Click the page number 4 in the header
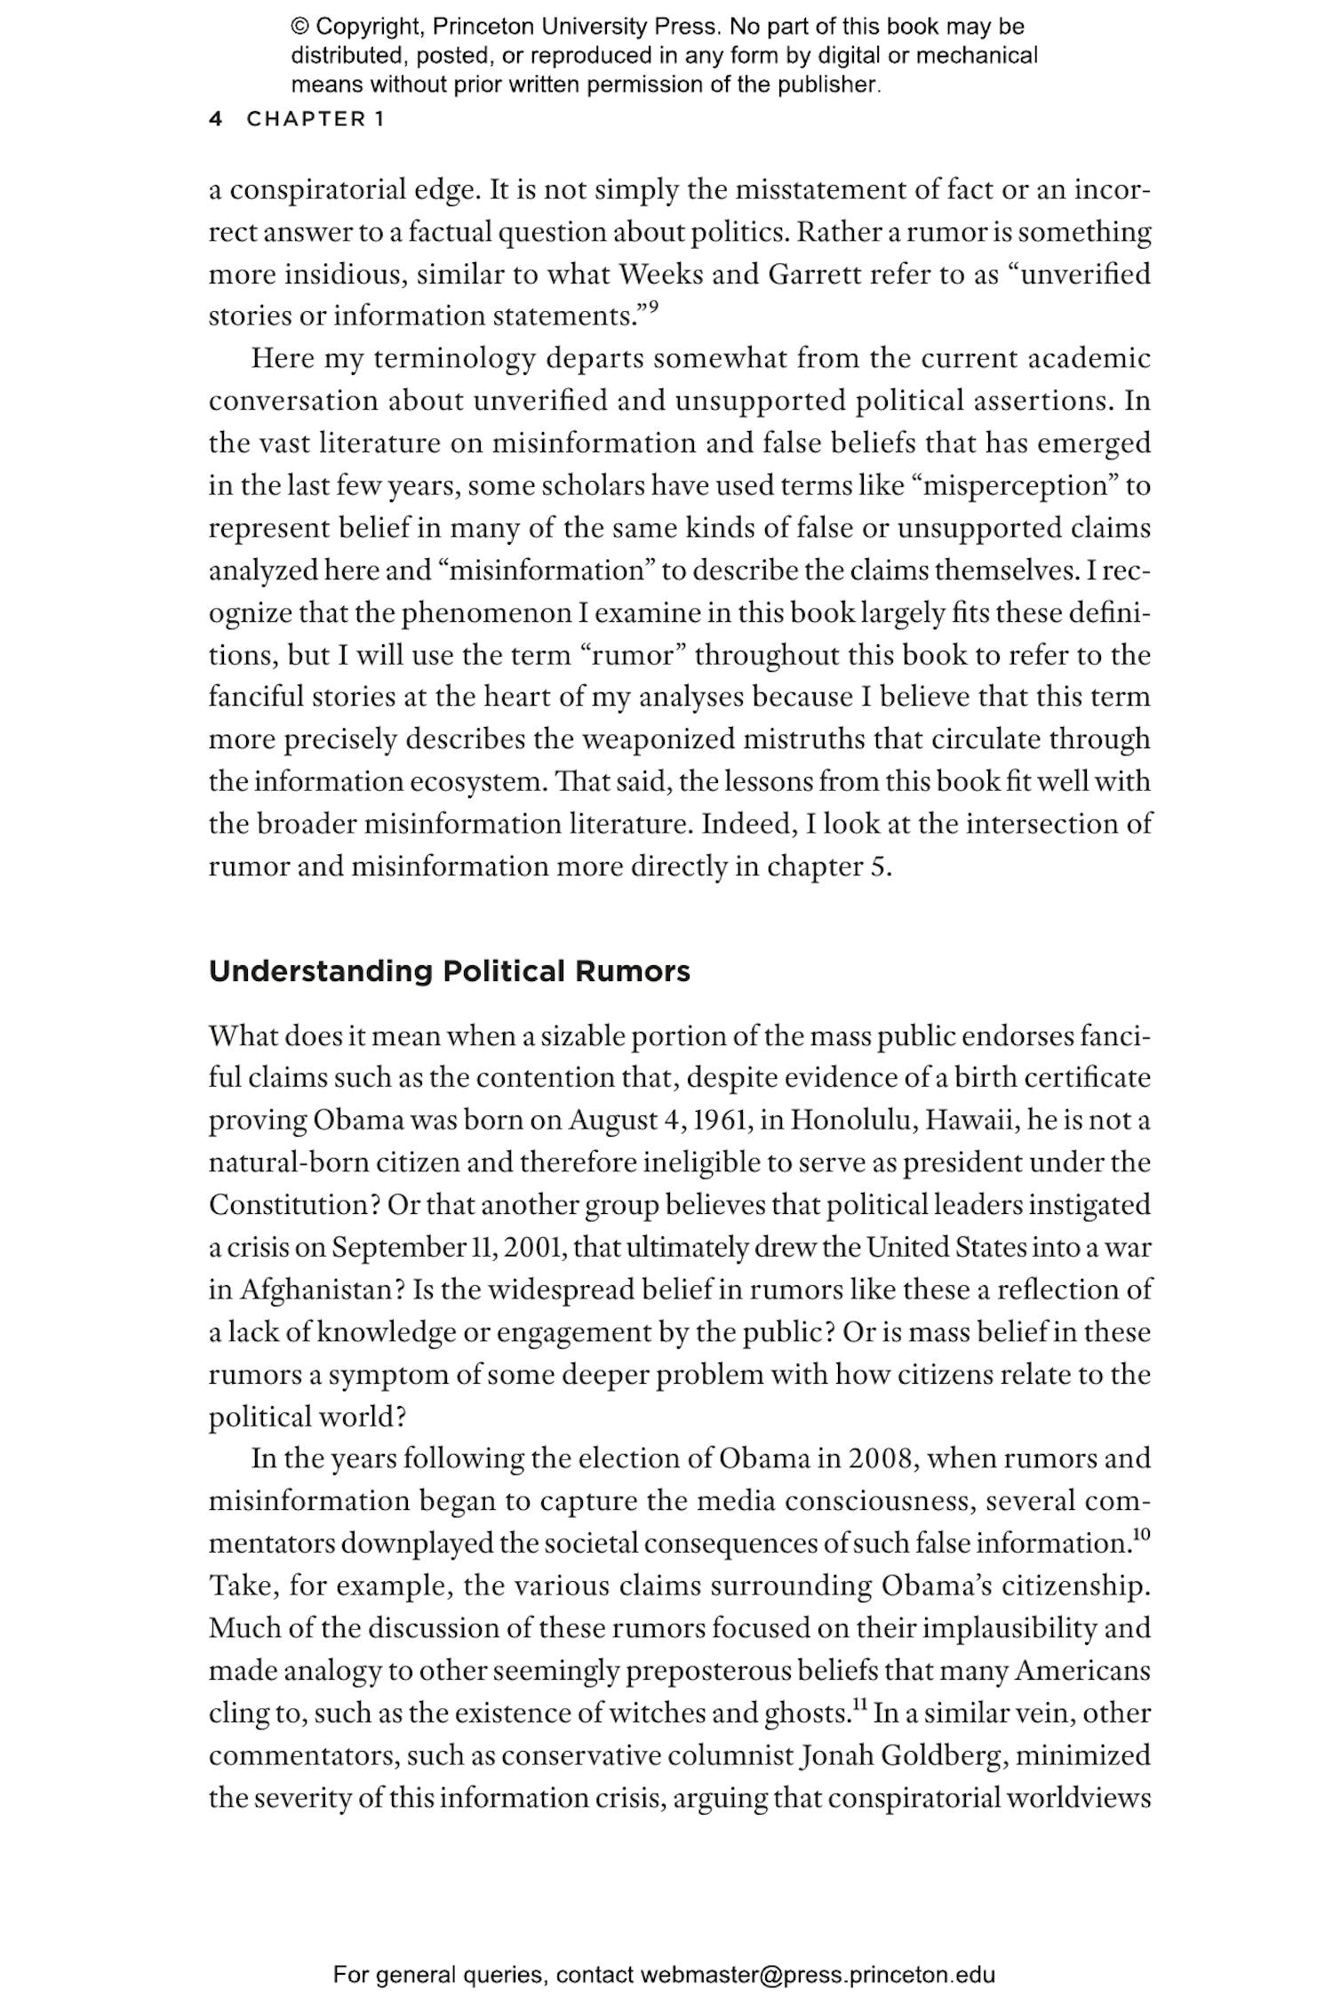215,119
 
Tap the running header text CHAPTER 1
315,119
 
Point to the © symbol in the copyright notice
299,27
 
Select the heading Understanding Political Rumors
449,971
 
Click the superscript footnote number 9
653,308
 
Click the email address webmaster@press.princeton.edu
817,1975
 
